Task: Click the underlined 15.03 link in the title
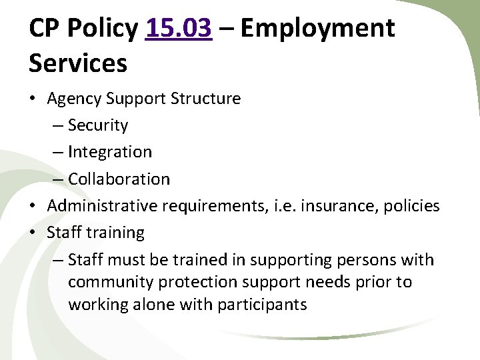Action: coord(178,28)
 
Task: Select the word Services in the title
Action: coord(77,63)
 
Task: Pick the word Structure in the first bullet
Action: coord(205,99)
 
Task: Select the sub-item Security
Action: coord(98,125)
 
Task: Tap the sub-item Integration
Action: coord(110,152)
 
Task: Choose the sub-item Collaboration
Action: coord(119,179)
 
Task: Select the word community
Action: coord(111,282)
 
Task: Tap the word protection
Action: coord(193,282)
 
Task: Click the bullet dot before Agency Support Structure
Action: coord(33,99)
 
